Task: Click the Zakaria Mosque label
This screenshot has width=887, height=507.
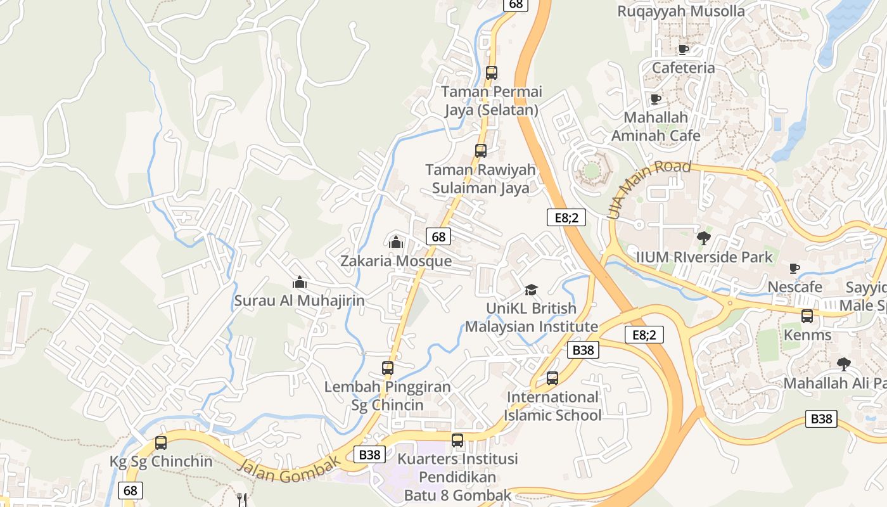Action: coord(396,261)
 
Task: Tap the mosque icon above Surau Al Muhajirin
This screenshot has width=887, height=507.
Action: coord(300,282)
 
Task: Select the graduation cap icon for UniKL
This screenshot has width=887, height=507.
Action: coord(531,290)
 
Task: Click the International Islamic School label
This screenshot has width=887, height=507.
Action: coord(552,406)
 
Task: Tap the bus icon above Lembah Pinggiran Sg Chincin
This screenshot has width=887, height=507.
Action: coord(388,368)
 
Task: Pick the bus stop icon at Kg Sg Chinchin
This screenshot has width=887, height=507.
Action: coord(161,443)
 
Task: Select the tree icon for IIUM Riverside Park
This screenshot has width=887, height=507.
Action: coord(703,238)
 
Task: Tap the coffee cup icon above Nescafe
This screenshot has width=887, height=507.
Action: coord(794,269)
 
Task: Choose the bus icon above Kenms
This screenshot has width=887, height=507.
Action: coord(807,316)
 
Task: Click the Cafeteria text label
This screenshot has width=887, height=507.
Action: coord(683,68)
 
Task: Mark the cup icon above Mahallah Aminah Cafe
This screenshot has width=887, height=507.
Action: coord(656,99)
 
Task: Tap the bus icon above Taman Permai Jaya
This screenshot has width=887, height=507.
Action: coord(492,73)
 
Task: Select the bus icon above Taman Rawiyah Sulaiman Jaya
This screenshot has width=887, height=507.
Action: coord(481,151)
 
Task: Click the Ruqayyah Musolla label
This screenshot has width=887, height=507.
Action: coord(681,11)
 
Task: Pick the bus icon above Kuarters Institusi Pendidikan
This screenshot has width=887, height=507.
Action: coord(457,440)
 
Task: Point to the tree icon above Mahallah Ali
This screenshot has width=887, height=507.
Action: coord(843,364)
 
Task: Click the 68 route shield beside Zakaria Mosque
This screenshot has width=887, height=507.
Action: coord(438,236)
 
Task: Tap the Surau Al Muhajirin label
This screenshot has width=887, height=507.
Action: coord(300,300)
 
